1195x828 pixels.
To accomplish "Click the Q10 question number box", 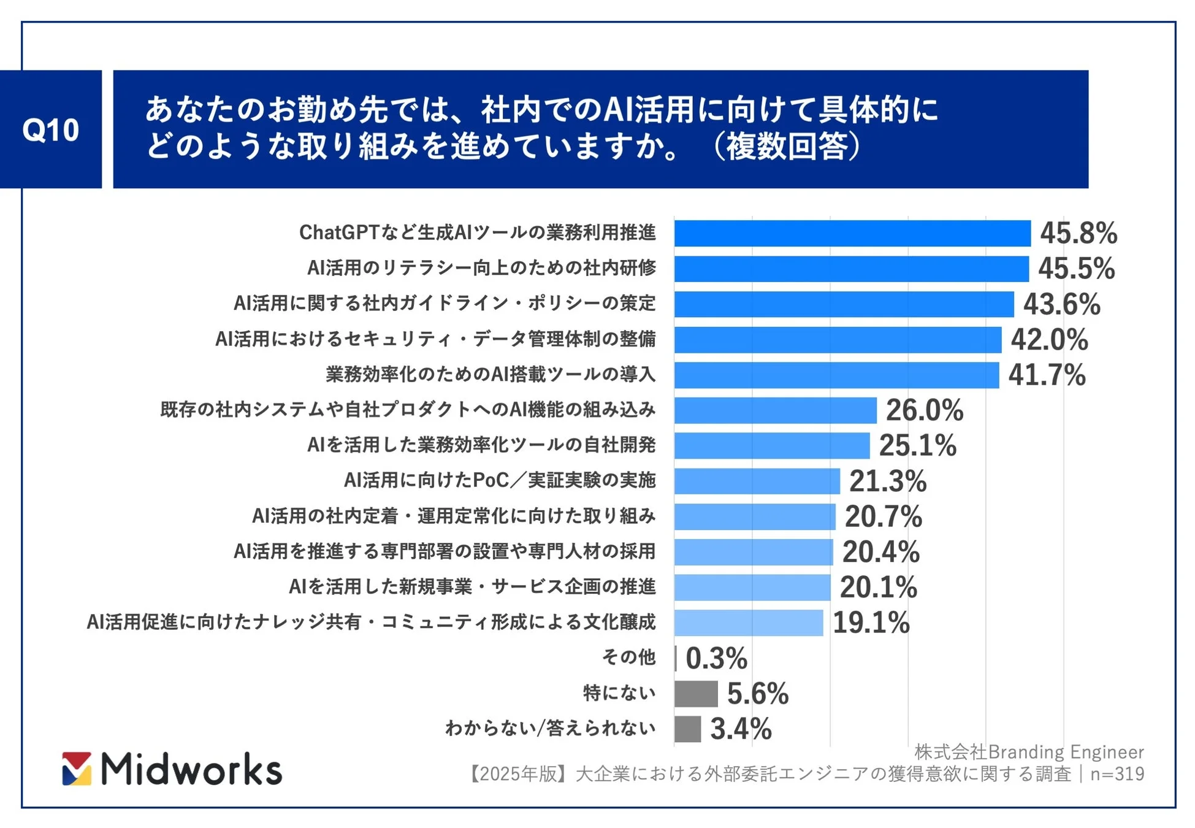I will [51, 129].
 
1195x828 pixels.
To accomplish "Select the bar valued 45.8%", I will [852, 234].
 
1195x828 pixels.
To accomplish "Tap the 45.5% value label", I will [1076, 269].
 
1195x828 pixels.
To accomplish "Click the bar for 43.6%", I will [844, 304].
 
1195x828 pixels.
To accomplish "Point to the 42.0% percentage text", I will [1049, 340].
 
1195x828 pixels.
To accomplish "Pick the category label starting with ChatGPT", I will [477, 232].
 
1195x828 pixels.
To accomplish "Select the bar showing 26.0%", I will [775, 410].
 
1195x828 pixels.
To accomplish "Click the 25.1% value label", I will [917, 446].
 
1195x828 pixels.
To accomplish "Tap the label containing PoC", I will [500, 480].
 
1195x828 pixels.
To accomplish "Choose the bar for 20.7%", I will [755, 516].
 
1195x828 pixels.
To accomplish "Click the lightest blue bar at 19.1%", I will [749, 623].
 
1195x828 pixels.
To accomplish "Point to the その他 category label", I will [628, 657].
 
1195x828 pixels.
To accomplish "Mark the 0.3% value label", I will [716, 659].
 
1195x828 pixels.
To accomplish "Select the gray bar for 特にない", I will [696, 694].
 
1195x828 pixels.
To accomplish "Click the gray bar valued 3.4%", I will [687, 729].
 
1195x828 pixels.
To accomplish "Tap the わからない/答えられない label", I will [550, 728].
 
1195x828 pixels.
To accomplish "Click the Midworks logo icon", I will [77, 769].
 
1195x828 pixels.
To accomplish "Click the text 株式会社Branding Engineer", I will [1029, 752].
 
